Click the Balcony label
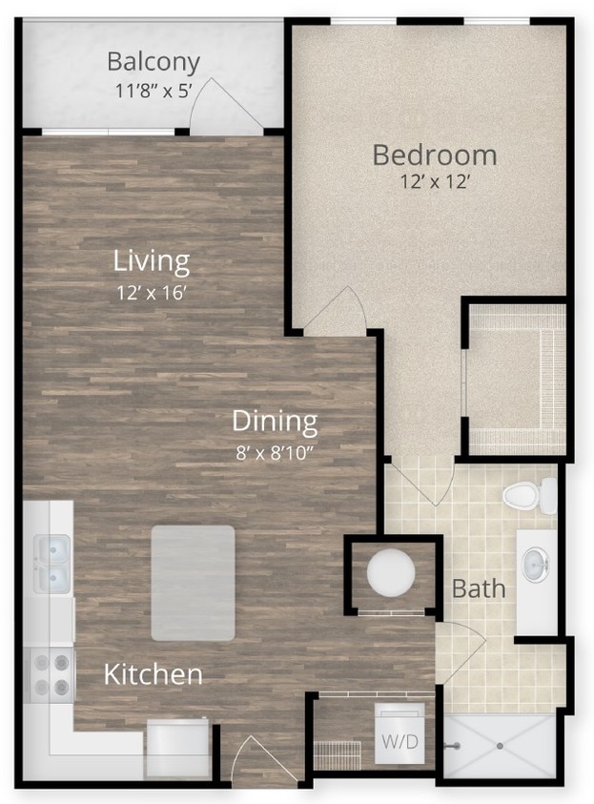coord(154,62)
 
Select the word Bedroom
coord(434,154)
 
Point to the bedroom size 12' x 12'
coord(435,182)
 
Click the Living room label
coord(151,260)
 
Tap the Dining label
coord(275,421)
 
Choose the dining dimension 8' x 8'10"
coord(275,451)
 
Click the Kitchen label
coord(153,675)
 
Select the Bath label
coord(479,588)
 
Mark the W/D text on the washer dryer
coord(400,741)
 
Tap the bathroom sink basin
coord(537,565)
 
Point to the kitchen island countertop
coord(193,583)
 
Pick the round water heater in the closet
coord(391,573)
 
